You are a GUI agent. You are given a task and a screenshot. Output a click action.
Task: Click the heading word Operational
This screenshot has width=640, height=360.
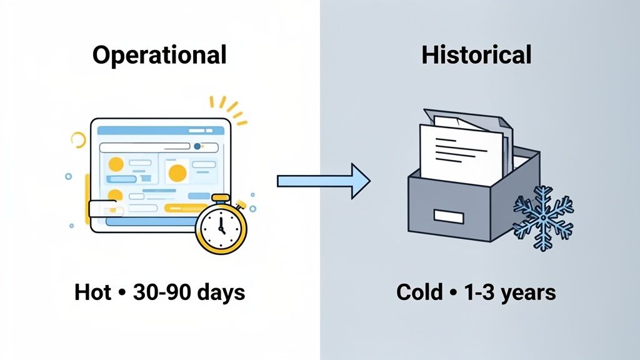(159, 55)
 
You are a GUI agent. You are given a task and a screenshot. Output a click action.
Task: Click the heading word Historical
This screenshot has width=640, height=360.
(476, 55)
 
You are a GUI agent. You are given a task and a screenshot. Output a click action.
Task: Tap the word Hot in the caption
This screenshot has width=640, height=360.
(91, 292)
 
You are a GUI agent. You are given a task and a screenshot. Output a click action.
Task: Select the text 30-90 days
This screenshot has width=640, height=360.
(187, 292)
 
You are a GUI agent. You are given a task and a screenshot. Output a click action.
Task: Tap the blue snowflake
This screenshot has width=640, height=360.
(542, 216)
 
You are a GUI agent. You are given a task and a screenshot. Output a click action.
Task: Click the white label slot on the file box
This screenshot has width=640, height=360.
(448, 217)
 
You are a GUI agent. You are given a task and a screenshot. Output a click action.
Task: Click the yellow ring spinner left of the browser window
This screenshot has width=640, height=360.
(78, 139)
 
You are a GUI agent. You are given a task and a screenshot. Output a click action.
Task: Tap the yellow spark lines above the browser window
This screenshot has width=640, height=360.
(228, 107)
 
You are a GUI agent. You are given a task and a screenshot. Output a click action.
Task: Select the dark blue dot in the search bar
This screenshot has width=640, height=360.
(198, 147)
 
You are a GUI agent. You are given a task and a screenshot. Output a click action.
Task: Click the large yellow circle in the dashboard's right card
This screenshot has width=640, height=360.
(177, 172)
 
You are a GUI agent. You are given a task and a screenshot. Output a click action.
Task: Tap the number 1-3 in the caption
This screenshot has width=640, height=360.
(476, 292)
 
